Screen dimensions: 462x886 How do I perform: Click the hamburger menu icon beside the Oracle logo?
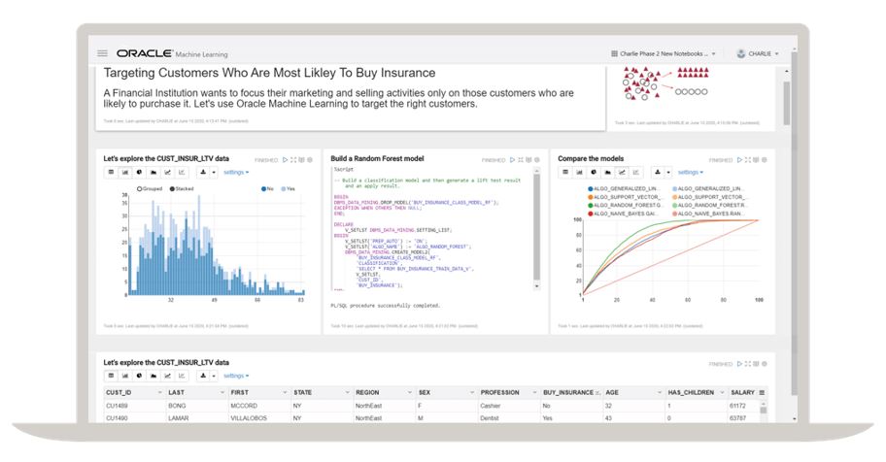pyautogui.click(x=103, y=53)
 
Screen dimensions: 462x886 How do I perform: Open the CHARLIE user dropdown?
pyautogui.click(x=758, y=53)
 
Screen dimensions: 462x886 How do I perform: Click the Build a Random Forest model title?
pyautogui.click(x=377, y=158)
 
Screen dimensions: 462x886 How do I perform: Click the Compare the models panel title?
pyautogui.click(x=591, y=158)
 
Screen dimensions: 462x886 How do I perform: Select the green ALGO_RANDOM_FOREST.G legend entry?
pyautogui.click(x=625, y=205)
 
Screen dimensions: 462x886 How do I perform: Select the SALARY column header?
pyautogui.click(x=742, y=393)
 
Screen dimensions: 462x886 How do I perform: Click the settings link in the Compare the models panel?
pyautogui.click(x=689, y=172)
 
